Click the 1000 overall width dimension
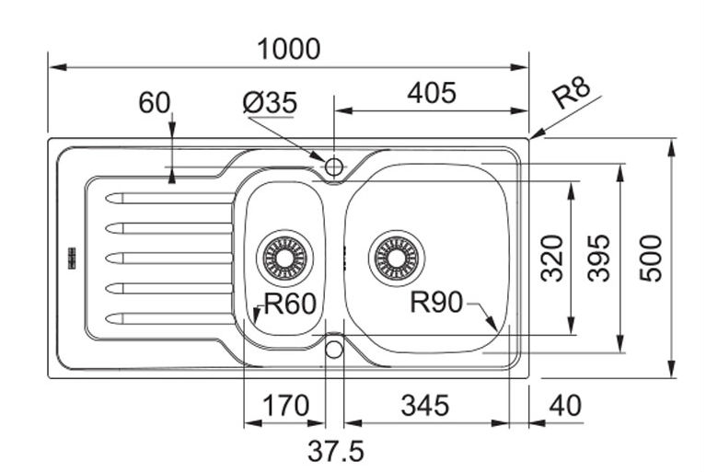(x=288, y=49)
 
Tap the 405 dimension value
(x=431, y=93)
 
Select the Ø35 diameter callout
(x=270, y=103)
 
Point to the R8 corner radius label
(x=573, y=95)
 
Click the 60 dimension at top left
(x=155, y=102)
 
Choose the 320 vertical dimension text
(x=551, y=259)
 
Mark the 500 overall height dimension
(x=651, y=259)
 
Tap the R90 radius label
(x=435, y=302)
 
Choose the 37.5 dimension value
(x=336, y=451)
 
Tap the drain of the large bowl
(x=397, y=255)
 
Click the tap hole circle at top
(x=333, y=167)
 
